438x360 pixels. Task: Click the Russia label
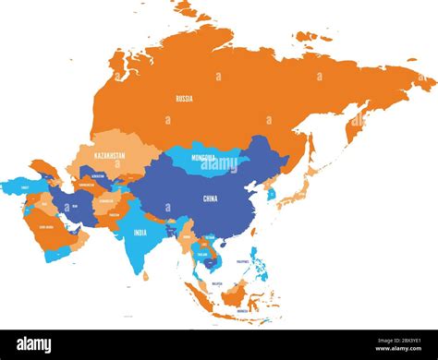pos(185,97)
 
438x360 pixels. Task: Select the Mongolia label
pos(203,158)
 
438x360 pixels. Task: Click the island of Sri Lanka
pos(145,274)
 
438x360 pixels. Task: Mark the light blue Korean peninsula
pos(270,194)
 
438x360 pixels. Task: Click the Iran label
pos(77,206)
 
